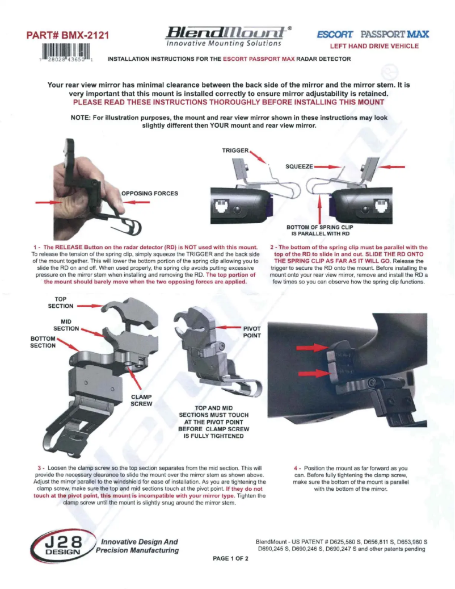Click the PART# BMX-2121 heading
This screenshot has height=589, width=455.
[68, 35]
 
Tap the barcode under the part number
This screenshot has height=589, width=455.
[66, 52]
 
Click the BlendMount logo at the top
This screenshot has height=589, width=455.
[227, 36]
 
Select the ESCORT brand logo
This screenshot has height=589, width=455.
[335, 35]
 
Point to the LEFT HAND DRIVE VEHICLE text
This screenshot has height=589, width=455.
[374, 46]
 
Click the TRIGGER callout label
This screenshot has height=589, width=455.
[235, 151]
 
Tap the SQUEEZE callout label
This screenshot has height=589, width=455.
[299, 166]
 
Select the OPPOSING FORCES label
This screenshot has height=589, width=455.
[150, 194]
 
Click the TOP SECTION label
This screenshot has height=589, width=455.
[60, 303]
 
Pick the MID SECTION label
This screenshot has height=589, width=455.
[66, 325]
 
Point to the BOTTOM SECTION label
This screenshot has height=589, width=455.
[43, 342]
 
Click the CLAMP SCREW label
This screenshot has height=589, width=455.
[141, 400]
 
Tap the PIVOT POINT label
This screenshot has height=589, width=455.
[252, 332]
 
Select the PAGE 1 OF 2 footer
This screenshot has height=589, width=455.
[230, 558]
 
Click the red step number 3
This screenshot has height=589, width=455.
[39, 468]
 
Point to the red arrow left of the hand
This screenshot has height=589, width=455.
[49, 202]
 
